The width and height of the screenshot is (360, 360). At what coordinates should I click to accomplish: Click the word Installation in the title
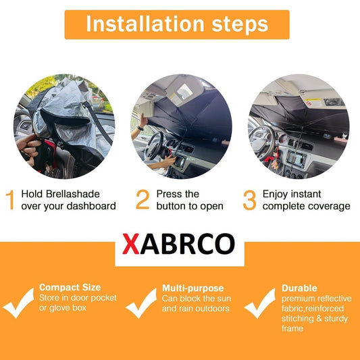pos(145,24)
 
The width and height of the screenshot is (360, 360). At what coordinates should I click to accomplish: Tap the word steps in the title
pos(240,25)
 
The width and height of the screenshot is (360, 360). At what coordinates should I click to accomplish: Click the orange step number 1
pos(10,200)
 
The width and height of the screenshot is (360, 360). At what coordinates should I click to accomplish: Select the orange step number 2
pos(143,199)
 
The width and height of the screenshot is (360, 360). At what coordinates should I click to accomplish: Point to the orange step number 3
pos(249,200)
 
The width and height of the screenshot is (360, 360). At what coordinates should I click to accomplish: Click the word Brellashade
pos(72,194)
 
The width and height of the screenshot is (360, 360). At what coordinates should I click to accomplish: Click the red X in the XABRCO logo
pos(131,244)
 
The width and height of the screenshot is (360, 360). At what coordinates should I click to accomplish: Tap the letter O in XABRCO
pos(225,244)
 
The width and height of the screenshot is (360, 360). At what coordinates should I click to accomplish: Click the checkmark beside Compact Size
pos(19,303)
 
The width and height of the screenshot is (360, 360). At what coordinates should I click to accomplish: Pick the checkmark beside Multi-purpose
pos(141,303)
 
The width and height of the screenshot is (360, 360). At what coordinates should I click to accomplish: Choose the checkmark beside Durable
pos(260,303)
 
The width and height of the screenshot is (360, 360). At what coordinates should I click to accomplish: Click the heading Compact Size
pos(70,288)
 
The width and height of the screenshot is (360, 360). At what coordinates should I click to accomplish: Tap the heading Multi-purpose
pos(193,288)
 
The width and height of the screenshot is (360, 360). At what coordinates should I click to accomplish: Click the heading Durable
pos(299,288)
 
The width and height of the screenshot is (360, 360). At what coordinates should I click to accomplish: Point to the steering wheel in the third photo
pos(263,143)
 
